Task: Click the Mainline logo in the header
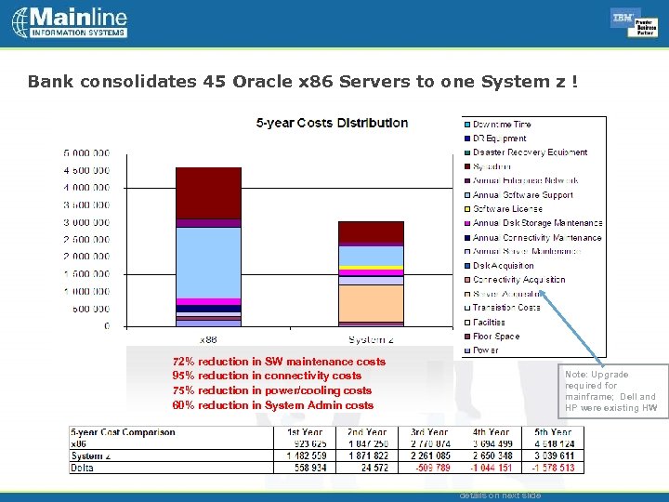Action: [70, 22]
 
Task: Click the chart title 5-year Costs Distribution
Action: [332, 123]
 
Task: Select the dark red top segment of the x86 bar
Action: [208, 192]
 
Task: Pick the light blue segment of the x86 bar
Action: [208, 262]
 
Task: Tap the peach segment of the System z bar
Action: [370, 303]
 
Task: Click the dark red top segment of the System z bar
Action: [370, 231]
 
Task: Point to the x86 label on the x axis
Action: [208, 339]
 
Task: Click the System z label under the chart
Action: [370, 339]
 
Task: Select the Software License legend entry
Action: [507, 209]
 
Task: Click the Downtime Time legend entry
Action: [502, 125]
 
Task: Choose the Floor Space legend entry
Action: [496, 337]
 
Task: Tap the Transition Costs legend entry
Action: [506, 308]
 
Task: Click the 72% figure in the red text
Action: [183, 362]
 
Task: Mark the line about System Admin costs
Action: [272, 405]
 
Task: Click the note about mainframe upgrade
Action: [610, 391]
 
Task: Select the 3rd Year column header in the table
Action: [428, 432]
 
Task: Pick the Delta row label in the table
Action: [84, 468]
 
